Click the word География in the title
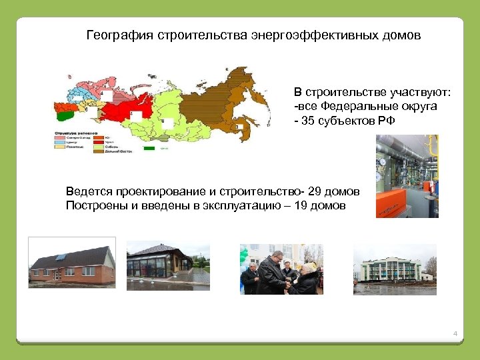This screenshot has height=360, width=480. pos(120,35)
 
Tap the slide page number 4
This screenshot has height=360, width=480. pos(455,333)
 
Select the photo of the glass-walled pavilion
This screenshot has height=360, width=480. pos(168,265)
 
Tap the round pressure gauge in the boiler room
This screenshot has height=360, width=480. pos(383,161)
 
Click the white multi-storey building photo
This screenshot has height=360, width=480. pos(395,269)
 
